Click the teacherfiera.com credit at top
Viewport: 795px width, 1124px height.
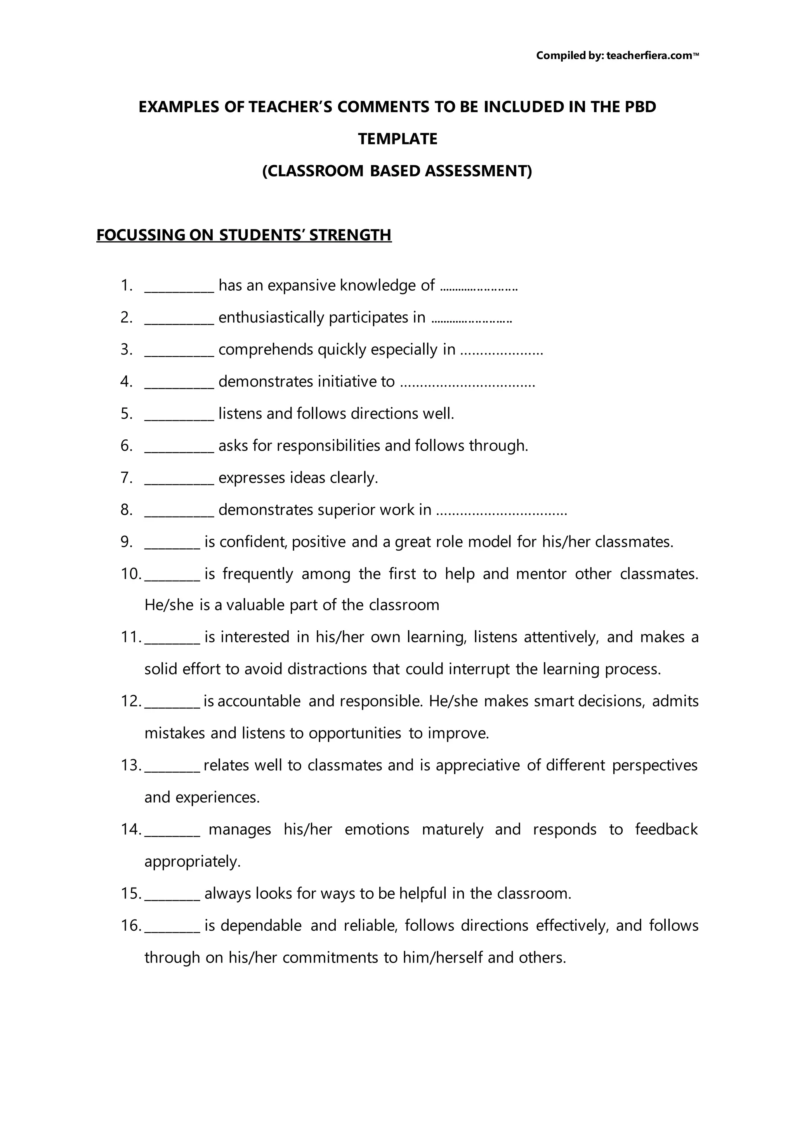point(617,56)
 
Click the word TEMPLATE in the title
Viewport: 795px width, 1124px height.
point(397,139)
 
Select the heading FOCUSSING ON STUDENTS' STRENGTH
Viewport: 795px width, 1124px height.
point(244,235)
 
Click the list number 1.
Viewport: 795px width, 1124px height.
point(126,285)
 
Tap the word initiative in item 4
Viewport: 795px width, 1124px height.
point(349,382)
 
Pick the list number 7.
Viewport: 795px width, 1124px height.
point(126,478)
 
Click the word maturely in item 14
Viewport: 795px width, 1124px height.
point(452,829)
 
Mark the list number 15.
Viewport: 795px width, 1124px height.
point(131,893)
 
